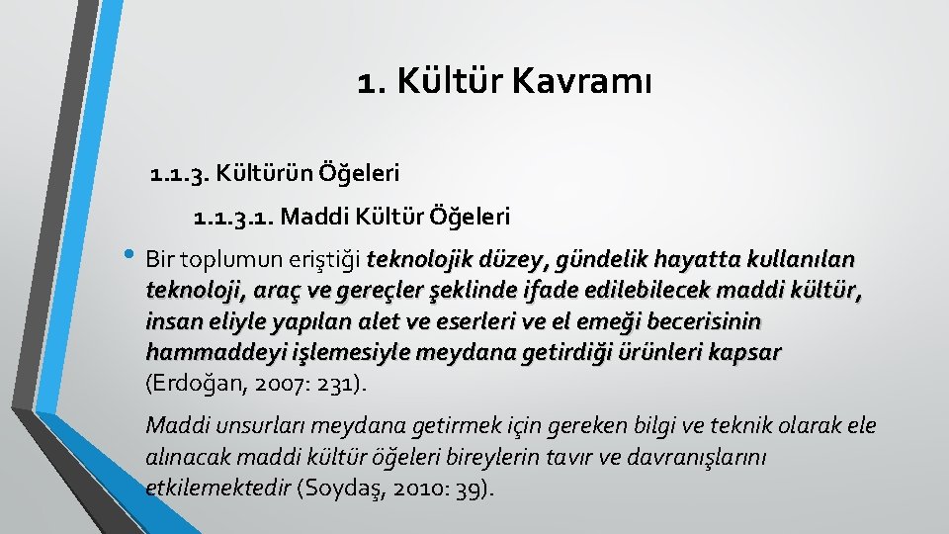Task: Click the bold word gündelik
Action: (x=601, y=261)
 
